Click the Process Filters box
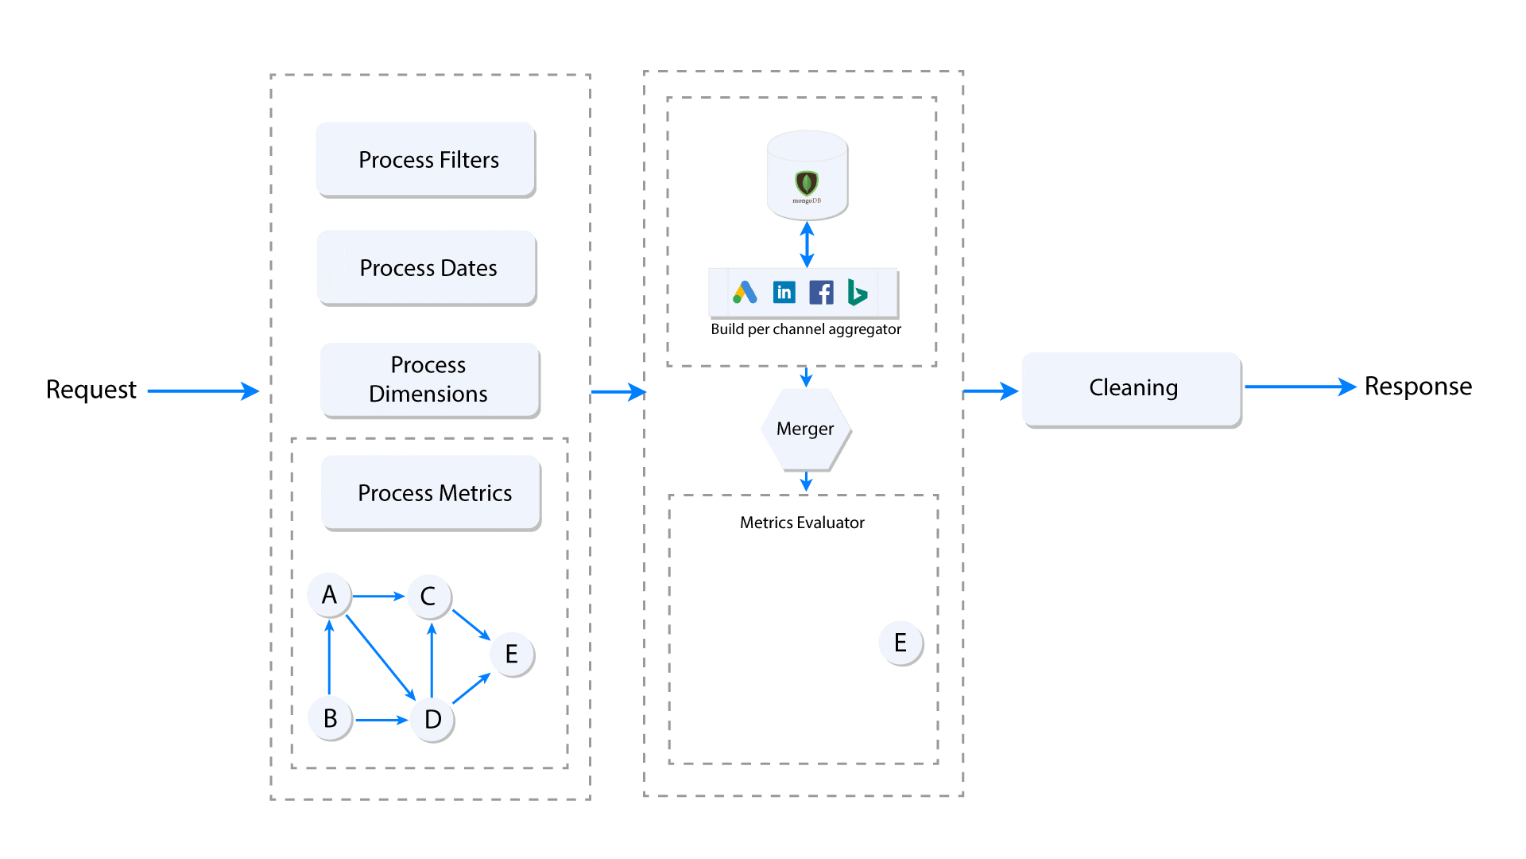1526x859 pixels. (427, 159)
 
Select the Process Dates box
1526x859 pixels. (428, 267)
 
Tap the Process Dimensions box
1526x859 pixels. (429, 379)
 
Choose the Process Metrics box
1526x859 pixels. (432, 492)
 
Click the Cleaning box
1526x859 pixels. (1132, 388)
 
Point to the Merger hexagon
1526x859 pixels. (805, 429)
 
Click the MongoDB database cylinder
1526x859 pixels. (807, 175)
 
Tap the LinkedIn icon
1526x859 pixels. (784, 293)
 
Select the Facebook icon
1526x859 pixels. (821, 293)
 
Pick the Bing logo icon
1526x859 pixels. (857, 293)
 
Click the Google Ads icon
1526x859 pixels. (745, 293)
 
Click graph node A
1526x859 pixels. (329, 595)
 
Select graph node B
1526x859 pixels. (330, 718)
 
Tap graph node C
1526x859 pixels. (428, 597)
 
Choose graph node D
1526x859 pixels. (432, 719)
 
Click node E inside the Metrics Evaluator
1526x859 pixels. (900, 643)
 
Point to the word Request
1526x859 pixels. (91, 390)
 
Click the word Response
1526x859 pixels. (1418, 387)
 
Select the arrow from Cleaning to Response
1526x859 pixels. (1299, 387)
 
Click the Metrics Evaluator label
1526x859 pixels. (802, 523)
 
